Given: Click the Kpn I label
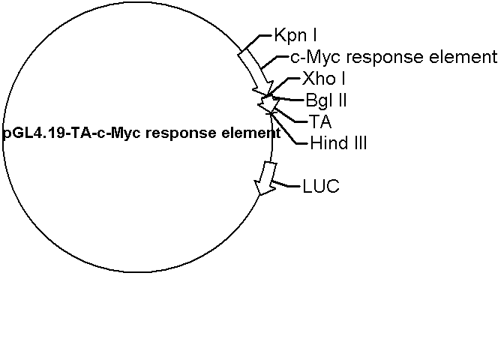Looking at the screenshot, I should pyautogui.click(x=295, y=35).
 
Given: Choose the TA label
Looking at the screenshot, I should pyautogui.click(x=319, y=120).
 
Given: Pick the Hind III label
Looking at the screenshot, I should pyautogui.click(x=338, y=142).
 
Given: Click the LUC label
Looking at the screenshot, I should pyautogui.click(x=321, y=186).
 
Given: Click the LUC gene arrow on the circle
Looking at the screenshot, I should pyautogui.click(x=264, y=177).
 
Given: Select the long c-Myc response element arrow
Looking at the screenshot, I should pyautogui.click(x=255, y=69).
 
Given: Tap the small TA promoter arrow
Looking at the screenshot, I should pyautogui.click(x=266, y=106).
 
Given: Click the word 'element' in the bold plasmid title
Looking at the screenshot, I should pyautogui.click(x=252, y=133).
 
